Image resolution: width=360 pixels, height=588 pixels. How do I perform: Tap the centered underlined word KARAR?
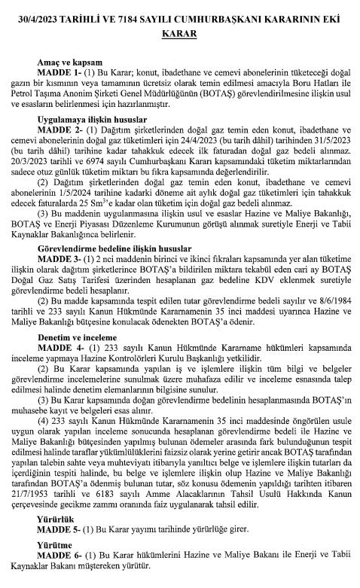[x=179, y=34]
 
